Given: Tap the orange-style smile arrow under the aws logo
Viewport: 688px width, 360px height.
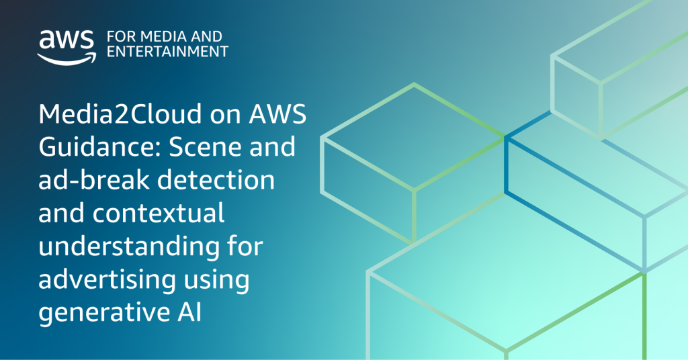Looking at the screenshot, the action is [64, 58].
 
